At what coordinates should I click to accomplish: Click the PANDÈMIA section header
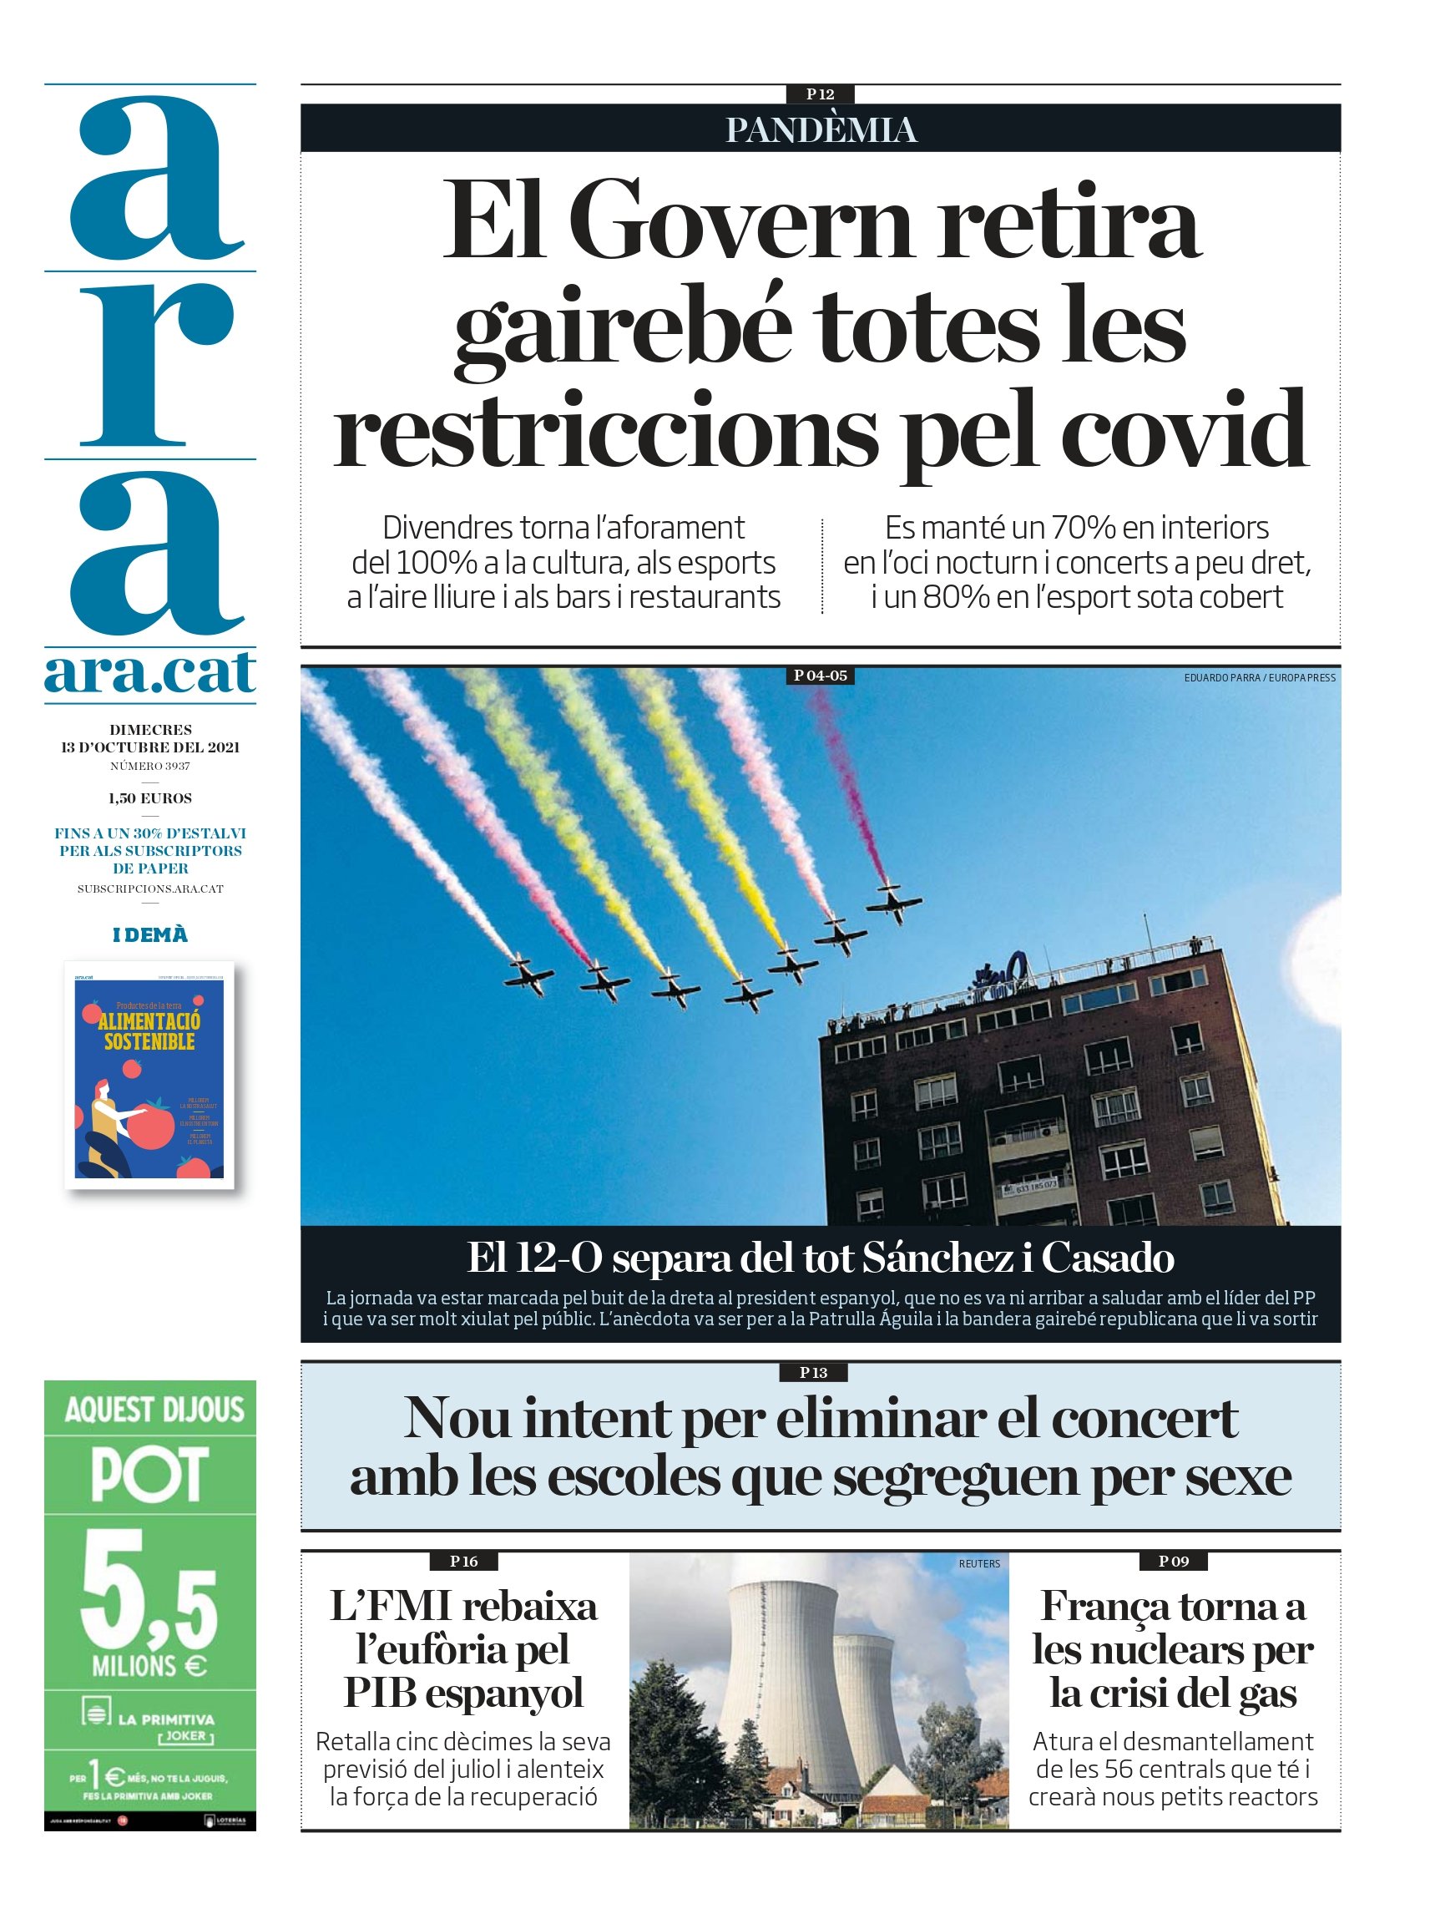tap(821, 130)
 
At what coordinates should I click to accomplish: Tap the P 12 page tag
tap(820, 94)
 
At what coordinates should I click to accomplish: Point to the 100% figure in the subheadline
tap(437, 563)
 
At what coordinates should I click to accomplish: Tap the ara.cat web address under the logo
tap(149, 673)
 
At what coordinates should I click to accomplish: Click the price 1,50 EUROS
tap(149, 798)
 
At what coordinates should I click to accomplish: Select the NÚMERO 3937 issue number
tap(149, 767)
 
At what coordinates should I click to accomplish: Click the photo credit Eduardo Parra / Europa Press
tap(1259, 678)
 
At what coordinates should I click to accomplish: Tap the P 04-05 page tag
tap(820, 676)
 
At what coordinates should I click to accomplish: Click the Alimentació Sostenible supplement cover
tap(149, 1075)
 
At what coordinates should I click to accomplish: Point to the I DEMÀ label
tap(149, 935)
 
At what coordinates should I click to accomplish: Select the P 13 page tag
tap(813, 1372)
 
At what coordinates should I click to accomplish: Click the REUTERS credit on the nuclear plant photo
tap(979, 1564)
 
